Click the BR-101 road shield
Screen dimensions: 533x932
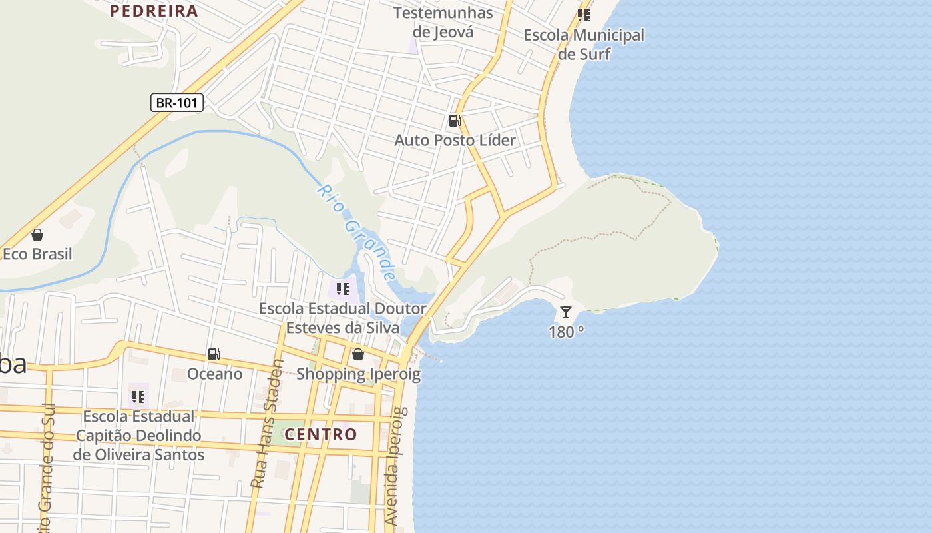pyautogui.click(x=176, y=103)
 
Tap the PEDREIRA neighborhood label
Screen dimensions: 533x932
pyautogui.click(x=154, y=11)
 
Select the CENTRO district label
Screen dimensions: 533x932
pyautogui.click(x=321, y=435)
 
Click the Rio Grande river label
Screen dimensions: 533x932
pyautogui.click(x=357, y=233)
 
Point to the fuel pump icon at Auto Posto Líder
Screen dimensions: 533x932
pyautogui.click(x=455, y=121)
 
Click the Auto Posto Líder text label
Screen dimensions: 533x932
pyautogui.click(x=455, y=140)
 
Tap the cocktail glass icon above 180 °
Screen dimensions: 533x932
pyautogui.click(x=566, y=312)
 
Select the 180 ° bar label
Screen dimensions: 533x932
pyautogui.click(x=567, y=332)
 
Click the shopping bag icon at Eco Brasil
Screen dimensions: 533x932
pyautogui.click(x=37, y=235)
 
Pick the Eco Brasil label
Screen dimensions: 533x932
pyautogui.click(x=37, y=254)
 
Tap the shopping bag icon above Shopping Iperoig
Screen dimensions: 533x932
pyautogui.click(x=358, y=354)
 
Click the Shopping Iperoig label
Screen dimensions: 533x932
pyautogui.click(x=358, y=374)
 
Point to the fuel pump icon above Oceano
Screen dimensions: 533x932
pyautogui.click(x=214, y=354)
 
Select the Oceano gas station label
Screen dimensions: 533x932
pyautogui.click(x=214, y=374)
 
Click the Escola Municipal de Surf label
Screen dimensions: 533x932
pyautogui.click(x=584, y=44)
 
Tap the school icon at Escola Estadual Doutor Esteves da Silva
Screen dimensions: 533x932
pyautogui.click(x=343, y=289)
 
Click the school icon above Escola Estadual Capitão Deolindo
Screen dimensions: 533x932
pyautogui.click(x=138, y=397)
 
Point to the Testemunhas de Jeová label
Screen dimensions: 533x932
pyautogui.click(x=443, y=22)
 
